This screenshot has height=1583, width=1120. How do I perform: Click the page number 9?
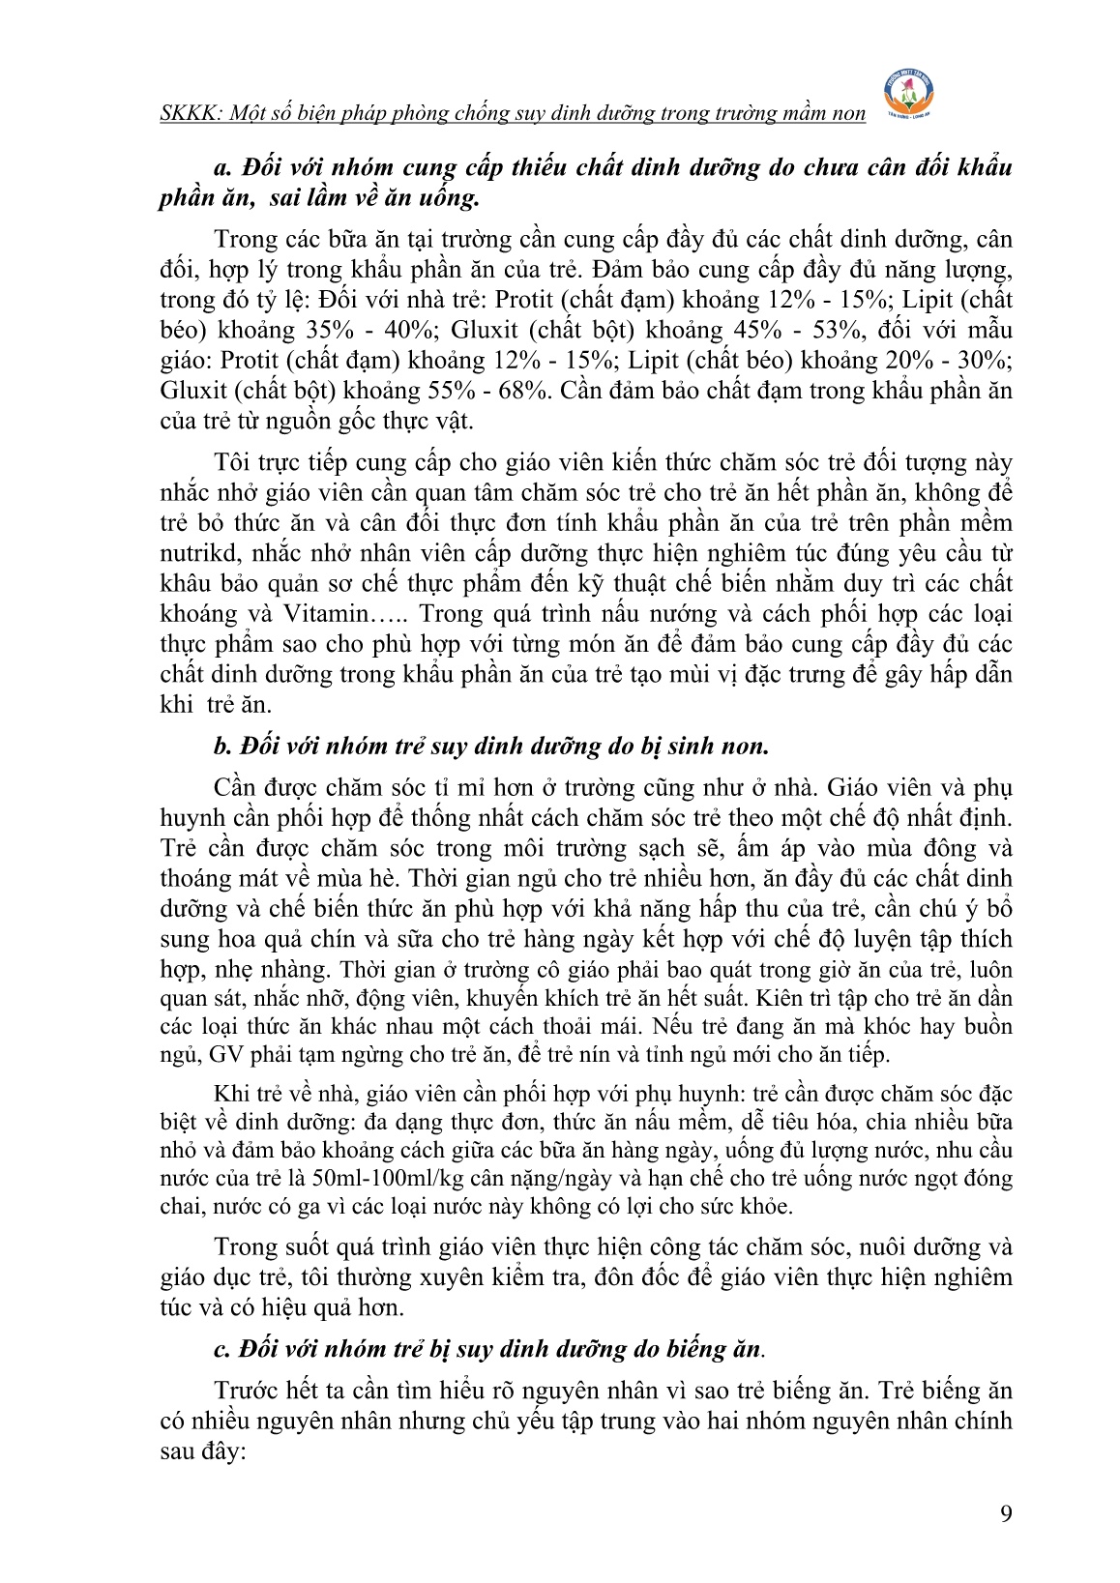point(1006,1514)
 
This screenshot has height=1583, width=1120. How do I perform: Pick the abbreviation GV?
point(225,1054)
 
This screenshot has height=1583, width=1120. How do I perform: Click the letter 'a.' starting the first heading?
point(222,167)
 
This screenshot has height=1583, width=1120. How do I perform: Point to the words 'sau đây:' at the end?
point(205,1451)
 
